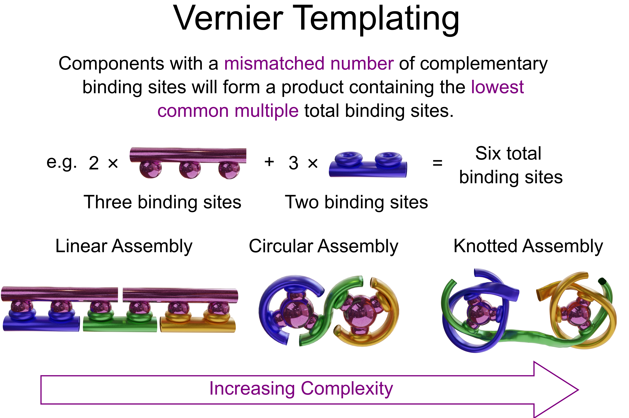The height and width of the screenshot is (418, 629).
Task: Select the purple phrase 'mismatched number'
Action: (309, 64)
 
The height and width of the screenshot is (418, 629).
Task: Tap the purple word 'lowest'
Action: (497, 87)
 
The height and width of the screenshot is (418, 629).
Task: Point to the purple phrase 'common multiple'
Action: (228, 111)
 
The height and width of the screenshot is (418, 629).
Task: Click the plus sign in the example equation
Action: (269, 162)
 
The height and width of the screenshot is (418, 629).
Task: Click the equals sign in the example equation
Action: (437, 163)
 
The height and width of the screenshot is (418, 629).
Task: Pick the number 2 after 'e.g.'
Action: (94, 163)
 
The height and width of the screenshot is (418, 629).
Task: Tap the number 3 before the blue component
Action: (293, 163)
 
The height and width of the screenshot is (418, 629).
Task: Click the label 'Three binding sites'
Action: (162, 202)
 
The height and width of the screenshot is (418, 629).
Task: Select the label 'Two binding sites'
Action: (356, 202)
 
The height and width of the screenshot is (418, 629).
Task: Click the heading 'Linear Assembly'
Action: (124, 246)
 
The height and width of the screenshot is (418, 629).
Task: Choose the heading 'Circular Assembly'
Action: (324, 246)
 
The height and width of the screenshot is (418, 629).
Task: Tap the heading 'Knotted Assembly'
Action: (528, 246)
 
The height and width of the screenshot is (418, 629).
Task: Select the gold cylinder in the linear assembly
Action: (198, 325)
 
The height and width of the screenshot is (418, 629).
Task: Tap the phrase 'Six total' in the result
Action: (508, 154)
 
